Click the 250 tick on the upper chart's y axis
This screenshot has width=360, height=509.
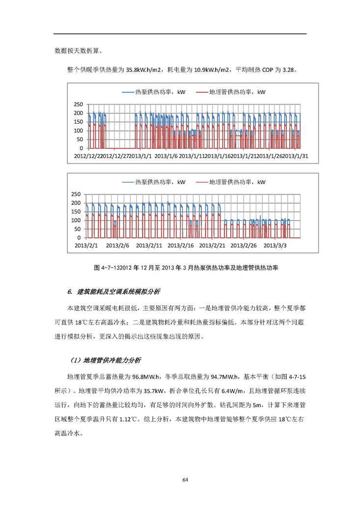point(79,105)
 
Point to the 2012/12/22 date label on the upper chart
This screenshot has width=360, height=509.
point(88,156)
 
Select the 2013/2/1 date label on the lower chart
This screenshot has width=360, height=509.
point(86,245)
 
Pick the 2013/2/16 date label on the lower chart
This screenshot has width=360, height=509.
point(180,245)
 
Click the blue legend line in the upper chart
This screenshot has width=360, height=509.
point(128,92)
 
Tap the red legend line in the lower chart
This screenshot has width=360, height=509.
point(202,182)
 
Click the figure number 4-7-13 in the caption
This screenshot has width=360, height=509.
point(111,268)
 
